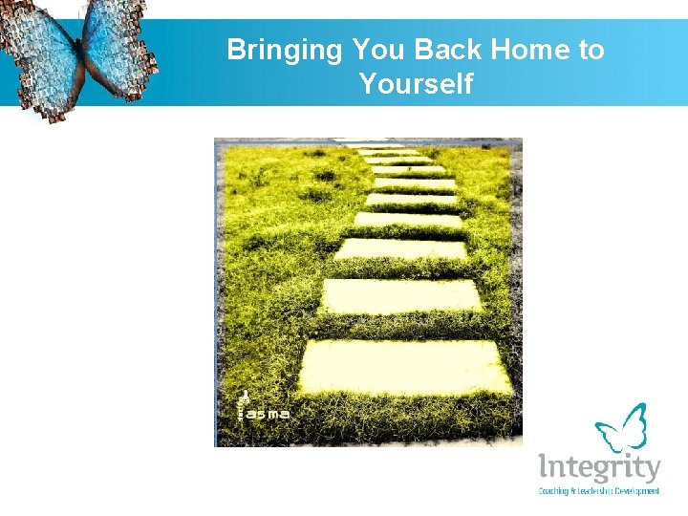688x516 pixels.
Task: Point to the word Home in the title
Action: coord(529,50)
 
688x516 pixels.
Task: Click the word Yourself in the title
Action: coord(416,84)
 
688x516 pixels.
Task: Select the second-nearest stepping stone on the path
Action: coord(400,296)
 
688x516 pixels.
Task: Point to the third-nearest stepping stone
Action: coord(400,249)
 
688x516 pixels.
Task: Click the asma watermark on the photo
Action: coord(267,414)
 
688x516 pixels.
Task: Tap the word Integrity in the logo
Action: coord(599,469)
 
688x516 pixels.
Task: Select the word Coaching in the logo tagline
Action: coord(556,491)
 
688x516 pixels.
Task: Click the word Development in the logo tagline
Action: coord(639,491)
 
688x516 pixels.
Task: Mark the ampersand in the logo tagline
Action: coord(576,491)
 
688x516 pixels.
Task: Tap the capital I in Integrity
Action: coord(544,467)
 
